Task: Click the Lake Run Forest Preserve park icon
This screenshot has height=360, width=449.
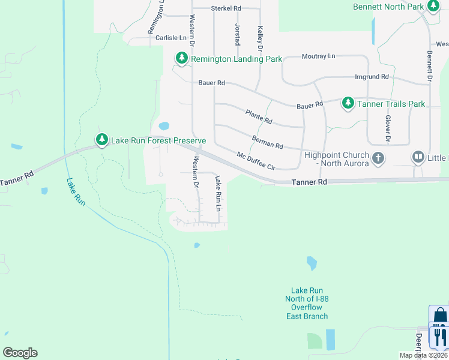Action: point(102,140)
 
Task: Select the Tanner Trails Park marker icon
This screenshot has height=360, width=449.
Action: point(348,104)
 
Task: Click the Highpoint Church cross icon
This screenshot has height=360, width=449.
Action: point(378,158)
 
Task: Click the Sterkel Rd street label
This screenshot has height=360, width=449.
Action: point(226,8)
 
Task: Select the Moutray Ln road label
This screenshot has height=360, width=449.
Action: point(318,56)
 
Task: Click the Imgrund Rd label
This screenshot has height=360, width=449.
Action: point(372,77)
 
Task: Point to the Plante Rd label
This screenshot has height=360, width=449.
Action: point(259,116)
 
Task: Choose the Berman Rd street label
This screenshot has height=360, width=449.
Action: point(267,142)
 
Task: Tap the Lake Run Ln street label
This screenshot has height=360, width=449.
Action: point(219,193)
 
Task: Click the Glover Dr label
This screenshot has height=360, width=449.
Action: point(388,129)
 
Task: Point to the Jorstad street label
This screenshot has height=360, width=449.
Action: point(237,35)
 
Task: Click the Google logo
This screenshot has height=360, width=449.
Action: point(20,353)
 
